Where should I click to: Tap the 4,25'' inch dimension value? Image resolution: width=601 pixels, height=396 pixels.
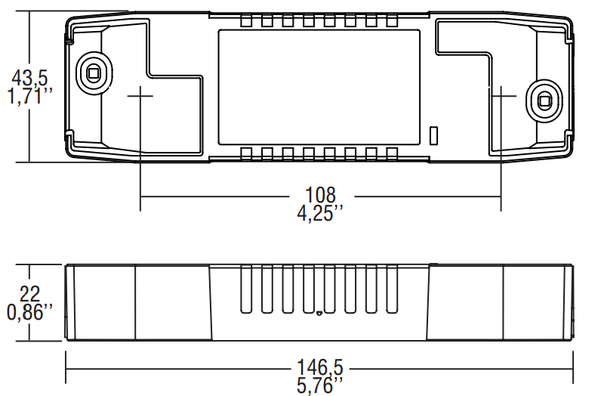320,212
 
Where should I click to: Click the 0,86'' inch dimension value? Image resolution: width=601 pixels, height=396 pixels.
30,311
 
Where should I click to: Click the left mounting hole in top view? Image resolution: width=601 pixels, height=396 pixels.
94,73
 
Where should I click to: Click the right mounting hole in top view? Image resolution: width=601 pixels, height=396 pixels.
544,98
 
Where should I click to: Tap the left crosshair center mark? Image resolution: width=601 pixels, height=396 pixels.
140,97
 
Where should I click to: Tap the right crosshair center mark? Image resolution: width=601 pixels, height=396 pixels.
501,97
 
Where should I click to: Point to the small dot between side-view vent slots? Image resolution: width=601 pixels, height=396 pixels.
319,312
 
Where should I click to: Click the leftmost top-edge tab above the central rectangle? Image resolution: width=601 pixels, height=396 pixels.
245,22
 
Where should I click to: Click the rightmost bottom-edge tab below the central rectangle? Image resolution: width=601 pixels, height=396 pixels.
391,153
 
